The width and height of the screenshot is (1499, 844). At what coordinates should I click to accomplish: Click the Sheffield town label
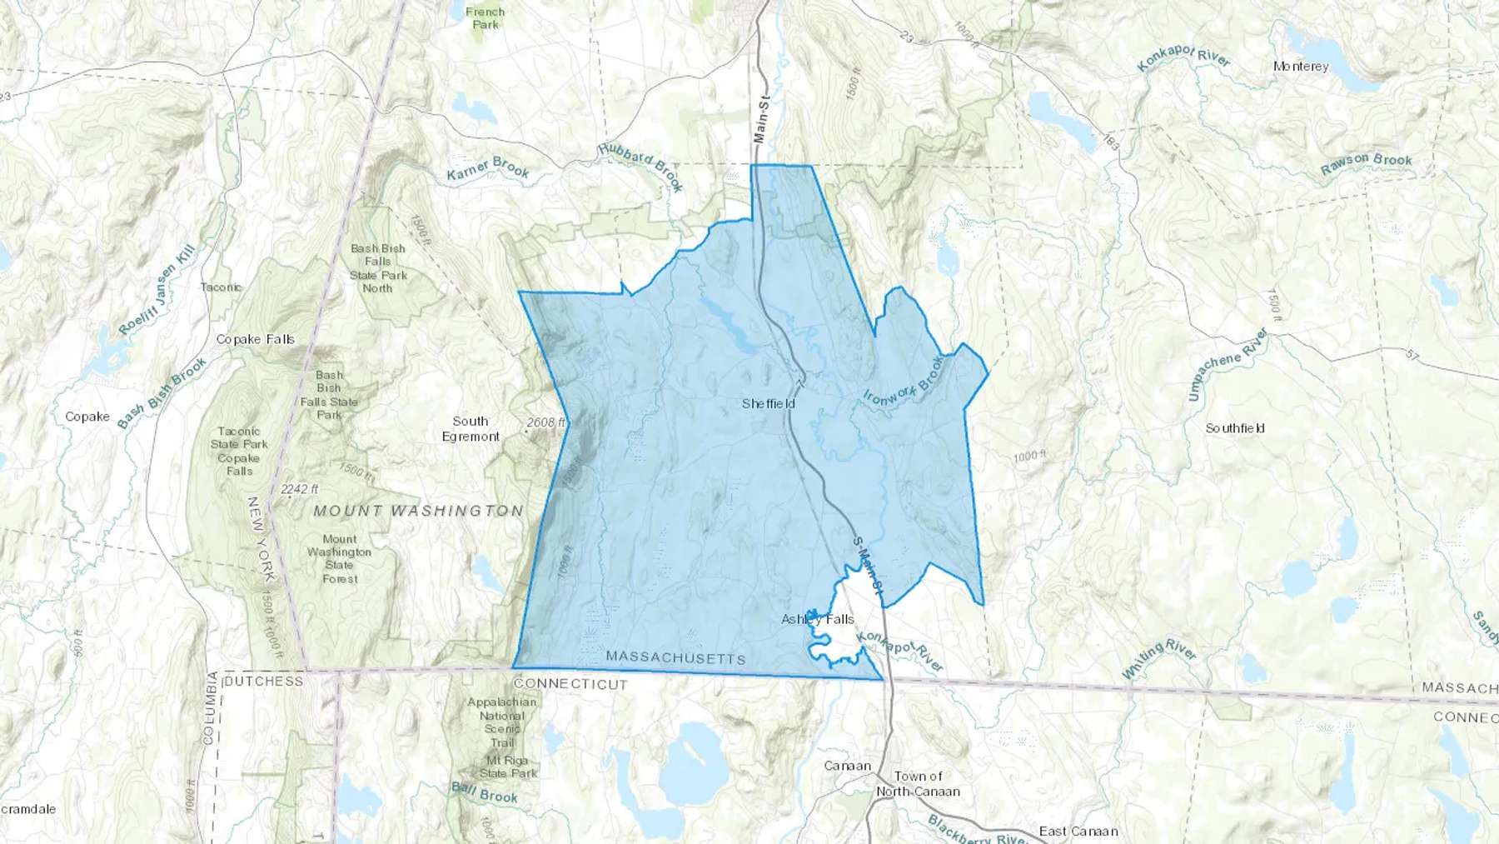768,404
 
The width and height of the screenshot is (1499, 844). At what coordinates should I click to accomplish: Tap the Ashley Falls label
817,619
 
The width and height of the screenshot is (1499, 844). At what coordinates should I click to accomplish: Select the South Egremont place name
471,429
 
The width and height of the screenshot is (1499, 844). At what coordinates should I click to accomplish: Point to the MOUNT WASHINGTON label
418,511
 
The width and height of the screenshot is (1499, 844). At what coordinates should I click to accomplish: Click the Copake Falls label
255,339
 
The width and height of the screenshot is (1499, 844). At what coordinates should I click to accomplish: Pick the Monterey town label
1301,66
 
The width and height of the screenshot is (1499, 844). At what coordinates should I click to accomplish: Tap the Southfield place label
1235,428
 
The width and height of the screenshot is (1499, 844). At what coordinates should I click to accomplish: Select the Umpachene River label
1228,364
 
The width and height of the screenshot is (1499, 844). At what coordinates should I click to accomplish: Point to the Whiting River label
1158,658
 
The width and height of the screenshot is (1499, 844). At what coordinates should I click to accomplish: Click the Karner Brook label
488,169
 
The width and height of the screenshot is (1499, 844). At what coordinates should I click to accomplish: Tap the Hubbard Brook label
641,166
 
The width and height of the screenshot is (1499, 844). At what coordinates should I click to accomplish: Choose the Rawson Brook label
1366,163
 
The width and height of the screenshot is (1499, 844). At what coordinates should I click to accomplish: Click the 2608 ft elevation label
545,422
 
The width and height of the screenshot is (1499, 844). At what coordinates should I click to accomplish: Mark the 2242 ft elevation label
299,489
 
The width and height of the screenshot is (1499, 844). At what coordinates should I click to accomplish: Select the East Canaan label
1078,831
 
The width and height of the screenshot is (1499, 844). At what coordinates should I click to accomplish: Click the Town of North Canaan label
918,784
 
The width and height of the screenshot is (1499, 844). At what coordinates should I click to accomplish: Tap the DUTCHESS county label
264,682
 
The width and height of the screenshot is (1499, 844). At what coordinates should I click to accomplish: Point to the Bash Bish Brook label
162,393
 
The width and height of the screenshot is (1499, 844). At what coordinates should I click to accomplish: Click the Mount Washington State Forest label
339,559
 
